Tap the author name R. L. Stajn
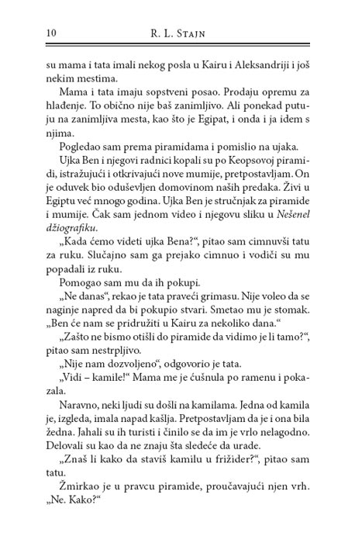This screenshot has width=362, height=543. (x=180, y=31)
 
